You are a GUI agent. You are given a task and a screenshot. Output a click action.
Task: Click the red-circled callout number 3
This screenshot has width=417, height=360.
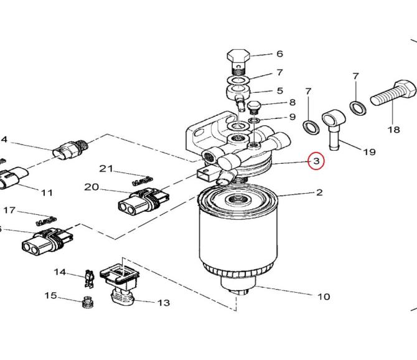tap(316, 161)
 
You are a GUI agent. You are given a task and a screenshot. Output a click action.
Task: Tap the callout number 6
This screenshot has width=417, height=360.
tap(279, 54)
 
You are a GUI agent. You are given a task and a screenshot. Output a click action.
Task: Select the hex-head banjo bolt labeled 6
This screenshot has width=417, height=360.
tap(238, 62)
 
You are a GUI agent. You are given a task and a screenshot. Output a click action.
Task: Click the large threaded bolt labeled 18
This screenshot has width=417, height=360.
tap(393, 94)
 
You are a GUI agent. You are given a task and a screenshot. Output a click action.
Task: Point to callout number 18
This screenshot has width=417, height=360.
tap(393, 130)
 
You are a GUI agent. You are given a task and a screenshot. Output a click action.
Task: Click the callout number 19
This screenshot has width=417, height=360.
tap(370, 152)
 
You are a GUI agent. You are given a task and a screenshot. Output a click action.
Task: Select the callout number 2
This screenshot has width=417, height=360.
tap(319, 192)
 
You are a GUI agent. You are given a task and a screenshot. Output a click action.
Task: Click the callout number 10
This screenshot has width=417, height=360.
tap(324, 296)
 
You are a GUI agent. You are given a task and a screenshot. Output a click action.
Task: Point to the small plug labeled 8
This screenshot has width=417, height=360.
tap(254, 108)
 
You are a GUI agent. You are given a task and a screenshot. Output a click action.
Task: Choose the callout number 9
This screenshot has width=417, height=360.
tap(293, 117)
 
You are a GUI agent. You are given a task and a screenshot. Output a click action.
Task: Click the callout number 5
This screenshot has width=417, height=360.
tap(280, 91)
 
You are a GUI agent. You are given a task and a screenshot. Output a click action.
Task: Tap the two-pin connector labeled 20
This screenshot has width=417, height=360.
tap(144, 201)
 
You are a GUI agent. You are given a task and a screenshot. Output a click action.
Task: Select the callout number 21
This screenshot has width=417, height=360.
tap(106, 168)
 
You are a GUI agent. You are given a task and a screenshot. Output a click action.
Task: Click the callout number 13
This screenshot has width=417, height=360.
tap(164, 303)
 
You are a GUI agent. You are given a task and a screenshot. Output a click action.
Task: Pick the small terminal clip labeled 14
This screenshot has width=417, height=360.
tap(90, 279)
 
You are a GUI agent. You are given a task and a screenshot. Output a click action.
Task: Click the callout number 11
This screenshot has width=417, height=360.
tap(47, 192)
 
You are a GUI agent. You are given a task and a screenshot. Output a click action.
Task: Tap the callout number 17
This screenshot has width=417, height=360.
tap(9, 210)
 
